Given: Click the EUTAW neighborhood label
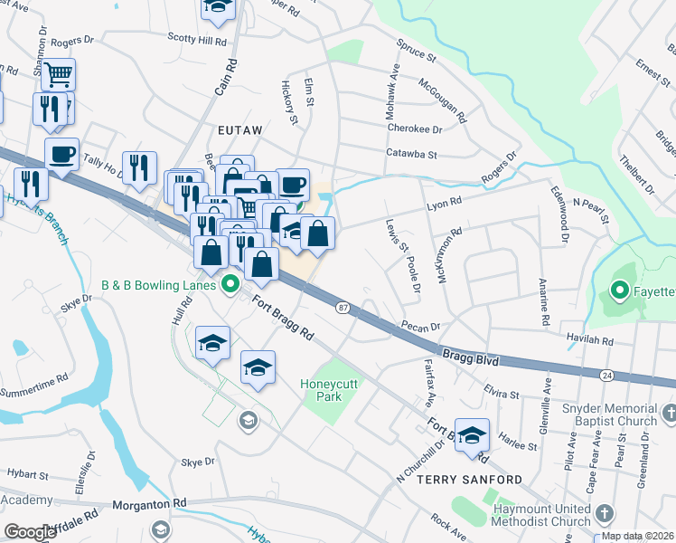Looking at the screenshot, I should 239,130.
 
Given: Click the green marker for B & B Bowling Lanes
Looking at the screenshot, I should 230,285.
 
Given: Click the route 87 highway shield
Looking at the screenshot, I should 343,309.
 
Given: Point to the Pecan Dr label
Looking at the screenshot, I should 421,327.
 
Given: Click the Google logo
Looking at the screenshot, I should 31,532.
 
